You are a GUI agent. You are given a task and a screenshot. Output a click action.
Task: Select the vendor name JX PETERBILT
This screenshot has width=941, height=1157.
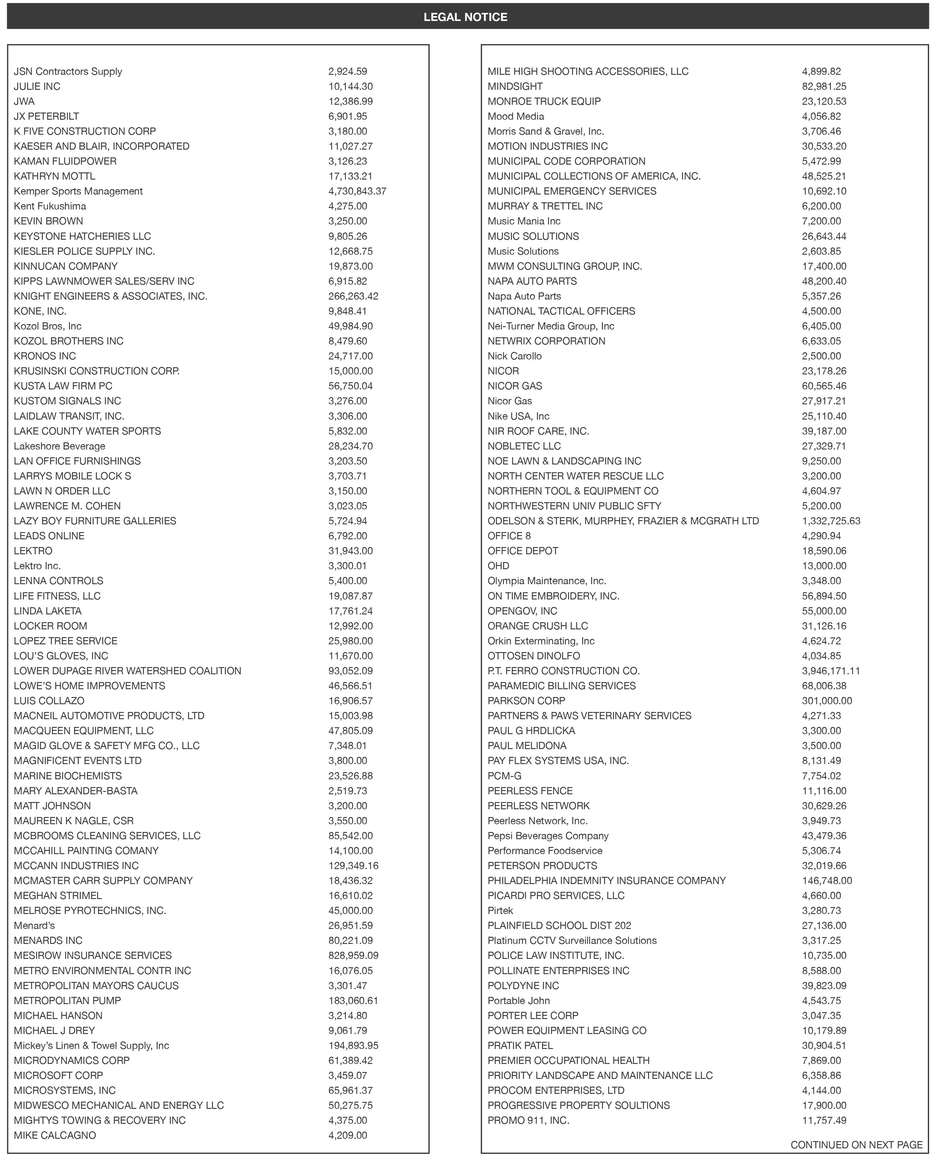(46, 116)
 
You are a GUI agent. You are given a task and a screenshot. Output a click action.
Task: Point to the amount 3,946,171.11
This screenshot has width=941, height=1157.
(830, 671)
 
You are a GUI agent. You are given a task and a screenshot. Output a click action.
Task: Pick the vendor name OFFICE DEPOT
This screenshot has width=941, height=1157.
(522, 551)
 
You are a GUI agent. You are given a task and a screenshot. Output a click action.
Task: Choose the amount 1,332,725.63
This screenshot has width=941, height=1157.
(830, 520)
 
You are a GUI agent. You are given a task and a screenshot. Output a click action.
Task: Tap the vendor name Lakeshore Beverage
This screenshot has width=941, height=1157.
(60, 446)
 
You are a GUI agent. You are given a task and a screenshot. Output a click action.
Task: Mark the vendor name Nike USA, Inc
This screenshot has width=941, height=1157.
(518, 416)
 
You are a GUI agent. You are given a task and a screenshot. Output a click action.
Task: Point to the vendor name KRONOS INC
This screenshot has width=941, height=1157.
(45, 356)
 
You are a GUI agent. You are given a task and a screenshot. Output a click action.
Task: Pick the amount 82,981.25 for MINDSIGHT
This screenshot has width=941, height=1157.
(824, 86)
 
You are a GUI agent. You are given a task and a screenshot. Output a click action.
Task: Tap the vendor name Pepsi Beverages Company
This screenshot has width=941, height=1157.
(548, 836)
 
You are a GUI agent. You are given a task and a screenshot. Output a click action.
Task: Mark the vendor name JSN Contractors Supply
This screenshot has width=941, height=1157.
(68, 71)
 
